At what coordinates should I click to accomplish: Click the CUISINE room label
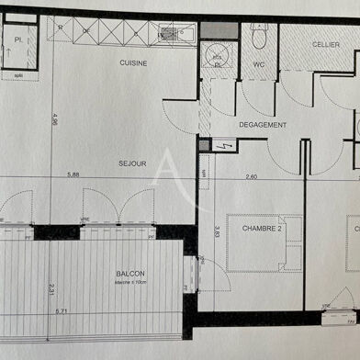click(x=136, y=62)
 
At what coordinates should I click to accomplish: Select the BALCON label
click(x=129, y=273)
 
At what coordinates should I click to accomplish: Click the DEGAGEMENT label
click(x=263, y=125)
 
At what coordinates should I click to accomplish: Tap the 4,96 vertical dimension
click(x=55, y=118)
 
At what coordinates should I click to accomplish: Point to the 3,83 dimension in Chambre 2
click(x=217, y=233)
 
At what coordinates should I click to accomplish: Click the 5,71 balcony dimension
click(x=62, y=312)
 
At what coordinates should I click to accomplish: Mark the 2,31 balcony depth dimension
click(x=52, y=293)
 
